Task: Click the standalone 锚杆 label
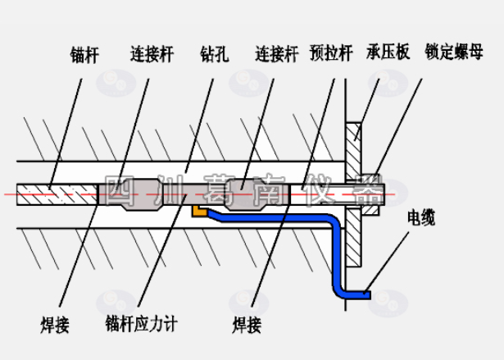(85, 56)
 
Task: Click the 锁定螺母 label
(456, 51)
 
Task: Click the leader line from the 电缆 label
(389, 262)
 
